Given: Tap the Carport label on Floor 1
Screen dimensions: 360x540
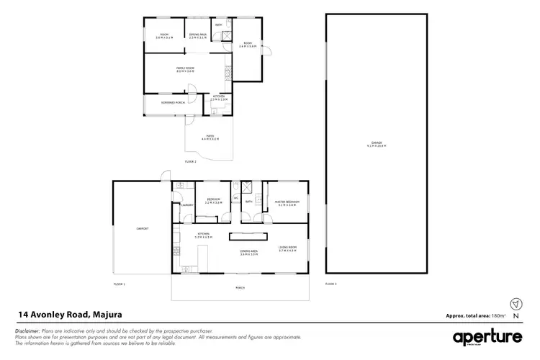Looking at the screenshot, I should click(143, 228).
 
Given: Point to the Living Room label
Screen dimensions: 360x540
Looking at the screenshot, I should click(287, 248).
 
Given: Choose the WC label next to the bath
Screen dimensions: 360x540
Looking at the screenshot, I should click(235, 199).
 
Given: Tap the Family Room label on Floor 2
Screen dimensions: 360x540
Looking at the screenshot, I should click(185, 69).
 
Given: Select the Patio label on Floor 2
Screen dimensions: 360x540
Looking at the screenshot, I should click(210, 136).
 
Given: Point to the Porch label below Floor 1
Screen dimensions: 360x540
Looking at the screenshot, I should click(240, 287).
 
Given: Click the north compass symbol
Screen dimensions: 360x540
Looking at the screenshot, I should click(514, 304).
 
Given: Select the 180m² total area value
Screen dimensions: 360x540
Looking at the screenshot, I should click(498, 315).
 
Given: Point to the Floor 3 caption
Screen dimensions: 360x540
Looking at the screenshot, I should click(331, 284).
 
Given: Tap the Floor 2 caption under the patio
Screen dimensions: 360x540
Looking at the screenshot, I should click(190, 162).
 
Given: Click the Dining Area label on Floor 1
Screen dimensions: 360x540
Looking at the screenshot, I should click(249, 251).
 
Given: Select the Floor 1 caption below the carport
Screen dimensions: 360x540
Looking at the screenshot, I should click(120, 284).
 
